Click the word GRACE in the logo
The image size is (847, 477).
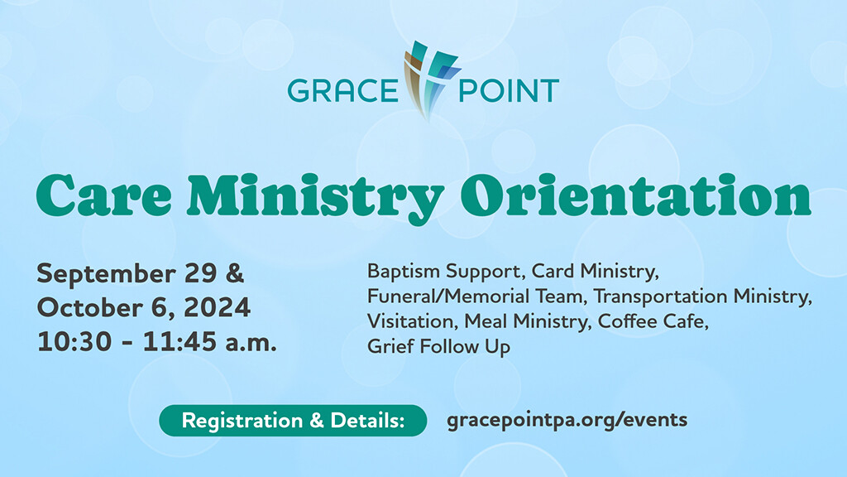[x=342, y=90]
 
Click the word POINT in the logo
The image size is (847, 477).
[x=509, y=90]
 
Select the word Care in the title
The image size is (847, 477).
[x=103, y=195]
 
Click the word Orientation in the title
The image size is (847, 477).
[x=635, y=195]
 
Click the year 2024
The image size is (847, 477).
[x=218, y=308]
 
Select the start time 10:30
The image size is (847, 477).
[x=74, y=342]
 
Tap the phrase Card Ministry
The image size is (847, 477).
[x=595, y=272]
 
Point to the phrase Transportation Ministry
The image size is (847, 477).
[x=702, y=296]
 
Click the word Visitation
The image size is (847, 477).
[x=410, y=321]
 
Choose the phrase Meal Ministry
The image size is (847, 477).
[x=525, y=322]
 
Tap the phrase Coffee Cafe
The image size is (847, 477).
[x=653, y=321]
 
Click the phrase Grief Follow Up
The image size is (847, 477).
[x=438, y=347]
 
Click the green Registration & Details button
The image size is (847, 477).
[x=293, y=420]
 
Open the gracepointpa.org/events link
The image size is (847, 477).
[x=567, y=420]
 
